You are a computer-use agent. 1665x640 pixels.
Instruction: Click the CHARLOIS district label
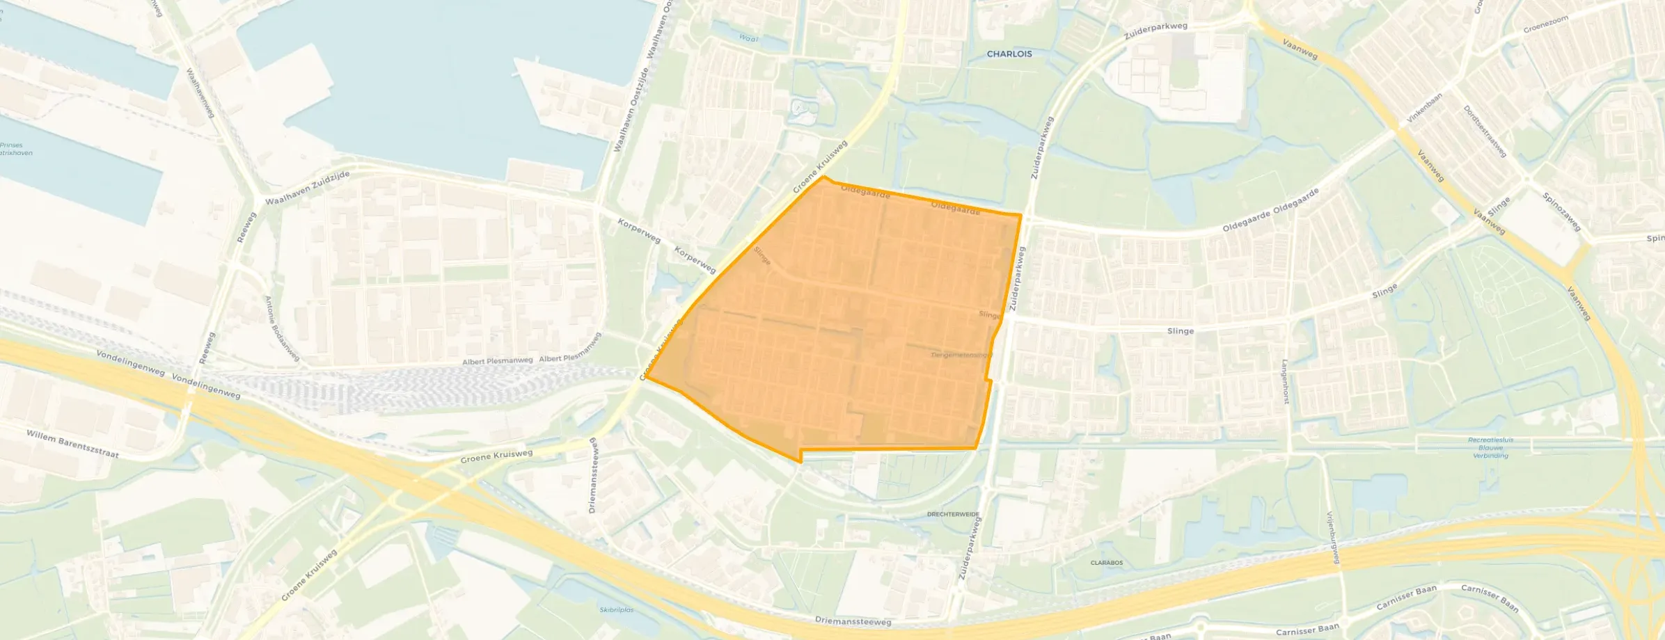tap(1009, 54)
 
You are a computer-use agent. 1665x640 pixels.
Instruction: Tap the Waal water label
tap(748, 39)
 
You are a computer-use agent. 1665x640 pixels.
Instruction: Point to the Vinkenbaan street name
tap(1424, 108)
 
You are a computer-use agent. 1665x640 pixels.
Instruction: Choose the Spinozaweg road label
tap(1561, 211)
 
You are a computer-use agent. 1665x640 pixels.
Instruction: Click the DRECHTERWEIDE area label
tap(953, 514)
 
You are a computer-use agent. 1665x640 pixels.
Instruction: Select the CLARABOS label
tap(1106, 563)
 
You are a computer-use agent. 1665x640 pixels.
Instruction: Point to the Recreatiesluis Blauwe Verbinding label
tap(1490, 447)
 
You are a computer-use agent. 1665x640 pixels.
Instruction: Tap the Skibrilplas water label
tap(617, 609)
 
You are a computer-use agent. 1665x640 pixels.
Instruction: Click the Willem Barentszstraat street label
tap(72, 444)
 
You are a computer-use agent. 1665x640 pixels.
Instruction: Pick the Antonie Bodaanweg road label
tap(281, 328)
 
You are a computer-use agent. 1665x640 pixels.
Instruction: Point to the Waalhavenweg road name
tap(200, 92)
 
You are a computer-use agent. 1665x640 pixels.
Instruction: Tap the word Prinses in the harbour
tap(11, 145)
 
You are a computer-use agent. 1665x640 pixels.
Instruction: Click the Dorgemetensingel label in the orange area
tap(961, 355)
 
